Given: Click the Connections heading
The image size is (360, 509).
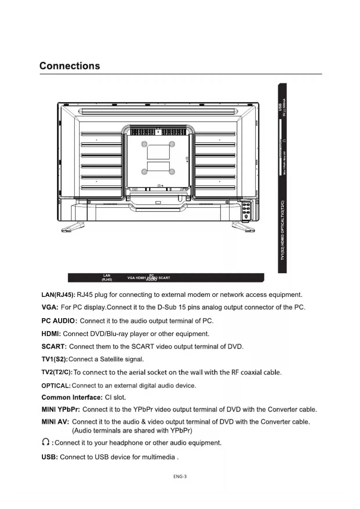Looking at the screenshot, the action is point(70,66).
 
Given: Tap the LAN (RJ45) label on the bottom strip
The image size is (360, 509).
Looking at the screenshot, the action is point(107,278).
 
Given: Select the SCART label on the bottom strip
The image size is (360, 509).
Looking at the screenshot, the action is point(164,278).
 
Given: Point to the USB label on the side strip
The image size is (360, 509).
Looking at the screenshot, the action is point(280,107).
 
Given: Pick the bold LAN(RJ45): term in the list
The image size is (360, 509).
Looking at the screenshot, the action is point(58,295).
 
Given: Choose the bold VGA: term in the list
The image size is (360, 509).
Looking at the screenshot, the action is point(50,307).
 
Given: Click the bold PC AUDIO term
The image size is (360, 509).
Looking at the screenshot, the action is point(58,321).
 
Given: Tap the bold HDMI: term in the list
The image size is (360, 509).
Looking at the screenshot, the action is point(51,334).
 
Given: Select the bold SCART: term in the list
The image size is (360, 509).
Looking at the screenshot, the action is point(54,347).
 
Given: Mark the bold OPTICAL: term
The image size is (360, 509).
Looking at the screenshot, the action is point(56,386).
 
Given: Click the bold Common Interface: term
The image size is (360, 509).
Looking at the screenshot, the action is point(72,398).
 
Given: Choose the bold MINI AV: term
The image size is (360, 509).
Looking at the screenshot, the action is point(55,422).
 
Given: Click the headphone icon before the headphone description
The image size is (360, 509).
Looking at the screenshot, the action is point(46,442).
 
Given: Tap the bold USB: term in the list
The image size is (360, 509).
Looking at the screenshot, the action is point(50,457).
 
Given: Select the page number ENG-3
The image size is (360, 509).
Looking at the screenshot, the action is point(180,476).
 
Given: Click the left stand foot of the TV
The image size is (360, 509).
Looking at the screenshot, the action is point(73,227).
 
